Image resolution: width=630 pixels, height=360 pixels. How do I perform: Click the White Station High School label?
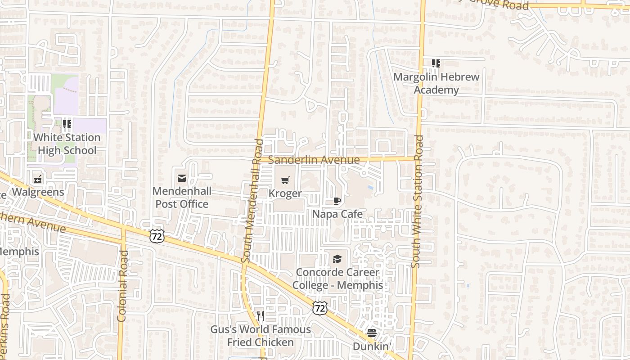click(67, 144)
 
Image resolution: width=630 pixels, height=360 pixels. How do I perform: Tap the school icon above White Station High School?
click(67, 124)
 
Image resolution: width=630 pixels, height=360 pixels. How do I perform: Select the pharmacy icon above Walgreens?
click(38, 179)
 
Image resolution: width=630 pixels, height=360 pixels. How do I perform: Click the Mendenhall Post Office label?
click(181, 198)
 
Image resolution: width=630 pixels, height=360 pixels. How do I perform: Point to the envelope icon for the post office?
click(182, 179)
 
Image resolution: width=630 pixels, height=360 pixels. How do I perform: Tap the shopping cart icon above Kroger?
click(285, 180)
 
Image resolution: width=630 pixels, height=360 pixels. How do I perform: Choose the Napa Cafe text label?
click(337, 214)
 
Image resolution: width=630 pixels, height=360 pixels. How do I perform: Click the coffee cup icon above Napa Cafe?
click(337, 201)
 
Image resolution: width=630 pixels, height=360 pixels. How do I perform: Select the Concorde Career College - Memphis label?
click(337, 279)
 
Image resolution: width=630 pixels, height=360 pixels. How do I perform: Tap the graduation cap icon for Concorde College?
click(337, 259)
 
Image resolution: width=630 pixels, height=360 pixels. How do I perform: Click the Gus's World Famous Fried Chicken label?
click(261, 336)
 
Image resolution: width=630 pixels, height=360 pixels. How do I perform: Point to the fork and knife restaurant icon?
click(260, 316)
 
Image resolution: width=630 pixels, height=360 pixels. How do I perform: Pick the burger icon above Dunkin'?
click(372, 333)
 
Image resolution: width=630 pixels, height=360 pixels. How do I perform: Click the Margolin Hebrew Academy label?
click(436, 83)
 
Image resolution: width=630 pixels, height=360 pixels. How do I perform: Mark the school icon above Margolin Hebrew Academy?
click(436, 63)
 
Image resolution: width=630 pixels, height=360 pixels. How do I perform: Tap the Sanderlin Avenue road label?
click(314, 160)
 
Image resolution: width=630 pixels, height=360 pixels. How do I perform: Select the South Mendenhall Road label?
click(252, 201)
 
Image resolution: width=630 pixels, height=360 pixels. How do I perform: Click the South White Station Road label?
click(417, 201)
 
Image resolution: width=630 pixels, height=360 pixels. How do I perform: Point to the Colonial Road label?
click(122, 286)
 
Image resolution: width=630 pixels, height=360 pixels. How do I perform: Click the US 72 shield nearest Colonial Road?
click(157, 236)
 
